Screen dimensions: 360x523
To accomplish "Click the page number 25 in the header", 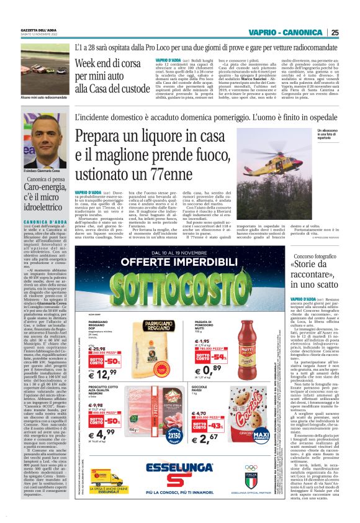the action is click(x=335, y=32).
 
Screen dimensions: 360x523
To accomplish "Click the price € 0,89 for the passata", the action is click(x=215, y=354).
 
